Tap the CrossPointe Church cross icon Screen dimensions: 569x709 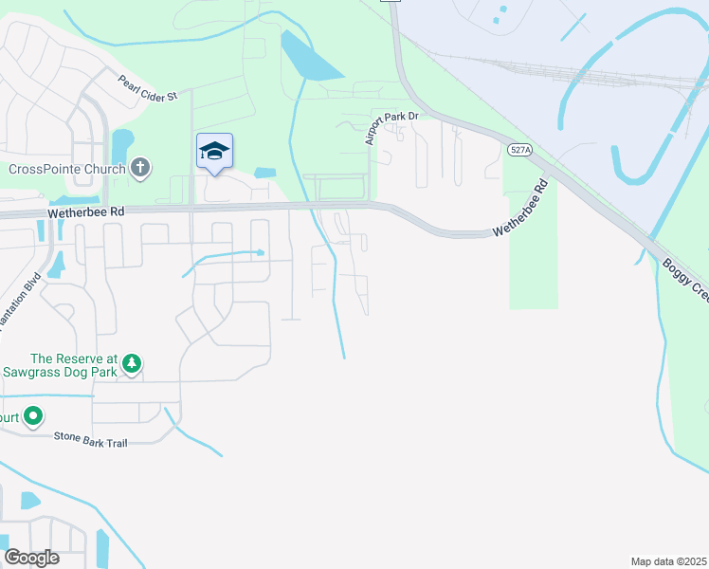point(140,169)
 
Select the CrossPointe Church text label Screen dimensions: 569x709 point(67,170)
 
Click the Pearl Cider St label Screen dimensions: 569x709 point(148,89)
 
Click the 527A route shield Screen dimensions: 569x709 point(518,150)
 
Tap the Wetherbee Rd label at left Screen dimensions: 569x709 point(85,214)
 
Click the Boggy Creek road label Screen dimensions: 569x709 point(684,281)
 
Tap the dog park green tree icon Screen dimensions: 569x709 point(132,363)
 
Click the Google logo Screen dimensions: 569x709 point(31,558)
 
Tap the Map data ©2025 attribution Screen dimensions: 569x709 point(668,561)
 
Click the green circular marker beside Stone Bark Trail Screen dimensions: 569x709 point(33,415)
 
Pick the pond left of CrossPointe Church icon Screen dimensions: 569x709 point(121,147)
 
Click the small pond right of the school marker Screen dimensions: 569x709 point(265,173)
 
